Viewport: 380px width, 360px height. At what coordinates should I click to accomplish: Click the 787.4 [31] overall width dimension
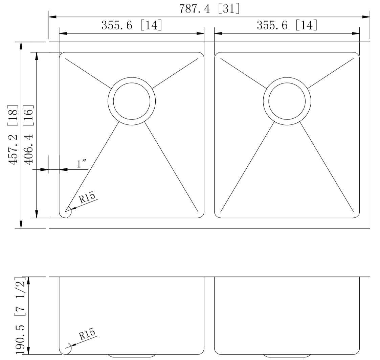click(x=209, y=9)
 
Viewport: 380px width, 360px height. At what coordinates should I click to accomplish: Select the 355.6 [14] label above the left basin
click(x=132, y=25)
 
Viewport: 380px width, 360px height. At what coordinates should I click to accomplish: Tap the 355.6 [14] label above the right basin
click(x=287, y=25)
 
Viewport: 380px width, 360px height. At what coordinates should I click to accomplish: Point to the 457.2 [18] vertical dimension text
click(x=13, y=135)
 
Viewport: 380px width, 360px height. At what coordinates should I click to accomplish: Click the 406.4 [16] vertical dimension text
click(x=28, y=135)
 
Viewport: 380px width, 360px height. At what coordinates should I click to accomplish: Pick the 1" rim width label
click(x=82, y=164)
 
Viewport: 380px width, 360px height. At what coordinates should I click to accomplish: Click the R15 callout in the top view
click(x=87, y=198)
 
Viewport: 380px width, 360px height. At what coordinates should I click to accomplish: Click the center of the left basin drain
click(x=132, y=101)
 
